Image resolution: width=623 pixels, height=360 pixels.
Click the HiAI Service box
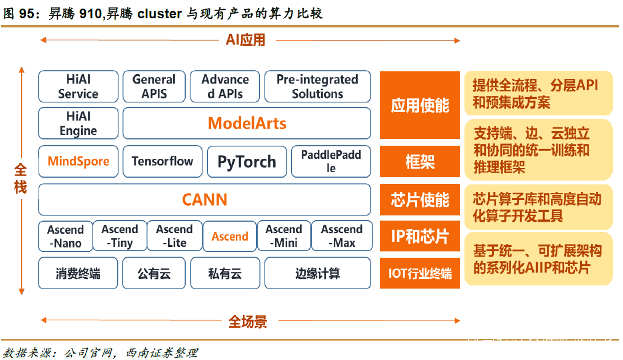78,87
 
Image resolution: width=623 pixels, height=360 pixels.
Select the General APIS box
154,87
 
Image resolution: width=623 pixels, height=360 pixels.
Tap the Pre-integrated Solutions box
317,87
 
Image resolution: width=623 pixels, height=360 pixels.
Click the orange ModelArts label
247,123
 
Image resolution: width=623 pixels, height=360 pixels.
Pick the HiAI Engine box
78,123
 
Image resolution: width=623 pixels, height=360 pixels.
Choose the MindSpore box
78,161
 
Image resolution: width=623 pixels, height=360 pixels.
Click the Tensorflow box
162,161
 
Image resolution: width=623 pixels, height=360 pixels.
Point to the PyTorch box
246,162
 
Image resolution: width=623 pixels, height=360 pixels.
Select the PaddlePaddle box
331,161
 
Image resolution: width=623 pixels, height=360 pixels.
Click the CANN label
205,199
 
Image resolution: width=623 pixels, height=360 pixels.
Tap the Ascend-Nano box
65,236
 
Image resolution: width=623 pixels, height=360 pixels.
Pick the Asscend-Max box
341,236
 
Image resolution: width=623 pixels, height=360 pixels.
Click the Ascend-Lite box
174,236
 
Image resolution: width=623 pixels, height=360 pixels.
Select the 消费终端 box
78,273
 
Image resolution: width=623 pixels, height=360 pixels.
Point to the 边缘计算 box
317,273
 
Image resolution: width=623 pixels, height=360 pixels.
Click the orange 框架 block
420,162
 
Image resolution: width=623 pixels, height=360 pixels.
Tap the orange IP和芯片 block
420,236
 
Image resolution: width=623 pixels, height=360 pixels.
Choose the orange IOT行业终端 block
420,273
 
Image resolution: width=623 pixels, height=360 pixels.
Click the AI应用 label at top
246,40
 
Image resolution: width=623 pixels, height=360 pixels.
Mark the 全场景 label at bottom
247,321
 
